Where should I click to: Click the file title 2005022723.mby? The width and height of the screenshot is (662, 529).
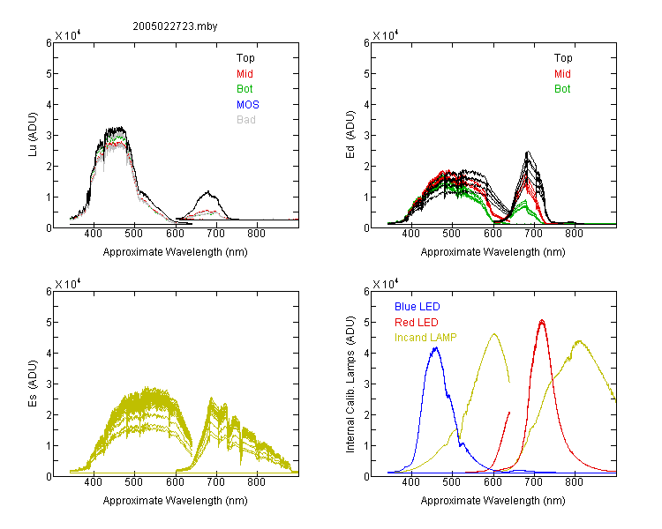[x=176, y=26]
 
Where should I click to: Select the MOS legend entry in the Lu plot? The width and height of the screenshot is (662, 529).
[x=248, y=105]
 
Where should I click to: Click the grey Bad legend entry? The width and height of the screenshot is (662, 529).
[x=246, y=120]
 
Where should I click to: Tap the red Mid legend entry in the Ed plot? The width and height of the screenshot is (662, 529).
[x=562, y=74]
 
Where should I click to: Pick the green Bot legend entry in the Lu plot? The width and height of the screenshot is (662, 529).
[x=244, y=89]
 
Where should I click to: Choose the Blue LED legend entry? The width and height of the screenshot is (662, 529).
[x=418, y=307]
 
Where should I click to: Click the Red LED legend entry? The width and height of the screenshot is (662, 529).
[x=417, y=323]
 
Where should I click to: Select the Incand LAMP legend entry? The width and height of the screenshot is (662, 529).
[x=425, y=338]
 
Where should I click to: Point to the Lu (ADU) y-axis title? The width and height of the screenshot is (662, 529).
[x=33, y=135]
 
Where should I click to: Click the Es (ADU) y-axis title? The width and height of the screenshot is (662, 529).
[x=33, y=384]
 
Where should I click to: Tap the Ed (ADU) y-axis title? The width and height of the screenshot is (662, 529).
[x=350, y=135]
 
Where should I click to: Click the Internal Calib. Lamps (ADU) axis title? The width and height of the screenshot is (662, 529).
[x=350, y=384]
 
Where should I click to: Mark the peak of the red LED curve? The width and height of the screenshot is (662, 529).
[x=542, y=321]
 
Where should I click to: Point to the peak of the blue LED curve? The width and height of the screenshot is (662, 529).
[x=436, y=347]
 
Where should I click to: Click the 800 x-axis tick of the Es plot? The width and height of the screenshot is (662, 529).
[x=256, y=482]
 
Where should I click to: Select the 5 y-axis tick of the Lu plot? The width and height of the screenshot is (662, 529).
[x=49, y=74]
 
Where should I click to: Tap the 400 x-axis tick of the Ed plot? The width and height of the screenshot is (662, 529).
[x=410, y=234]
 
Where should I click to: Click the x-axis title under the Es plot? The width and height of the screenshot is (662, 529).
[x=176, y=501]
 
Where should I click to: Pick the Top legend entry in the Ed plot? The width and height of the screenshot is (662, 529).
[x=563, y=58]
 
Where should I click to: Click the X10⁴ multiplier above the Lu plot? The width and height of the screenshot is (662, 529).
[x=68, y=35]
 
